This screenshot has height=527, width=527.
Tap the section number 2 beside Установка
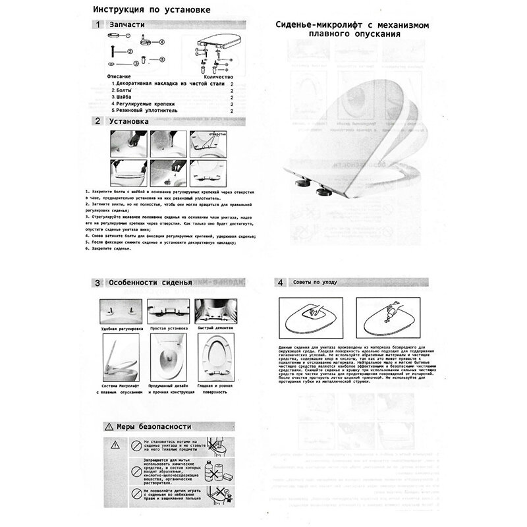[x=97, y=121]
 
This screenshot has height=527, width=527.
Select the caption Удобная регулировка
[x=119, y=327]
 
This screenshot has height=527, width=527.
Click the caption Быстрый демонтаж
[x=213, y=327]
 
